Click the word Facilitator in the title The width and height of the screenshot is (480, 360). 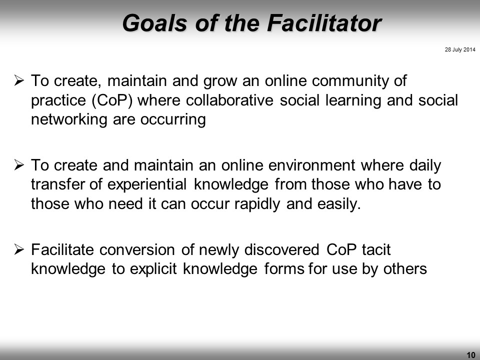(324, 23)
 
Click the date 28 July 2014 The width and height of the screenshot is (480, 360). (460, 49)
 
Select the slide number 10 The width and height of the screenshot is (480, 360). (471, 355)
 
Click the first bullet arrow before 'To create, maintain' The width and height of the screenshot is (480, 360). (19, 81)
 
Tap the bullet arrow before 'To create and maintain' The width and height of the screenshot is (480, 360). (19, 165)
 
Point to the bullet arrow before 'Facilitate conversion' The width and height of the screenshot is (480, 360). (19, 250)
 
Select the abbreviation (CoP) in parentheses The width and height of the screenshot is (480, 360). (112, 100)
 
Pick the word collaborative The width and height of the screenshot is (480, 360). (229, 100)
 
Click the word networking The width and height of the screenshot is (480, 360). (69, 119)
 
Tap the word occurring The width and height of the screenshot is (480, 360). (173, 119)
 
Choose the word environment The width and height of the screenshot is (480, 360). (311, 165)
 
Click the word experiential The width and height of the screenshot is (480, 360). (146, 185)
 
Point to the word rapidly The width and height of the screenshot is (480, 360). (257, 204)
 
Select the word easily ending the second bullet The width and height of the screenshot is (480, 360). (339, 204)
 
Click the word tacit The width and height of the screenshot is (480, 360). (376, 250)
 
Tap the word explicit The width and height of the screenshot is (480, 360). (153, 269)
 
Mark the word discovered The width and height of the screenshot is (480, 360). (281, 250)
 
